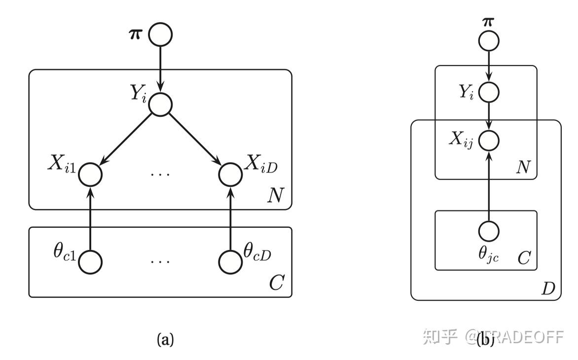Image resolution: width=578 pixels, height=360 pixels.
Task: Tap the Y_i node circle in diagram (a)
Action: tap(161, 105)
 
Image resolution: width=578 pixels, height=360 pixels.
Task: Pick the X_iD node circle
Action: tap(230, 174)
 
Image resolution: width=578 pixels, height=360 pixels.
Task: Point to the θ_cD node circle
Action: tap(230, 261)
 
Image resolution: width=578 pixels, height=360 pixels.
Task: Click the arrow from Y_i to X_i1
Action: tap(126, 140)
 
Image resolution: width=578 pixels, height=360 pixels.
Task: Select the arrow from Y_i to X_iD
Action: tap(195, 140)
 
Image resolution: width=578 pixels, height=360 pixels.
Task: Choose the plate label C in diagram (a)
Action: tap(275, 284)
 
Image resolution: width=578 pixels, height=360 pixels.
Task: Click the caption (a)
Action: tap(165, 339)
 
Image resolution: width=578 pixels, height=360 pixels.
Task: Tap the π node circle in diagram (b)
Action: tap(489, 40)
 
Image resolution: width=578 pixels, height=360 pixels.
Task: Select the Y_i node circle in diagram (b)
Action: tap(489, 92)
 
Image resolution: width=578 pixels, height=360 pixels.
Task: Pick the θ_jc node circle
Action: tap(489, 230)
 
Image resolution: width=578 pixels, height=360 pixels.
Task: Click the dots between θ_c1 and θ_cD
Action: tap(160, 261)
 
